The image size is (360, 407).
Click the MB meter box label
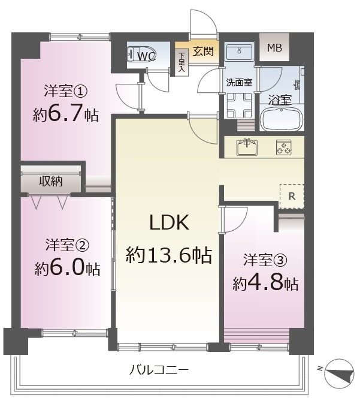(x=274, y=48)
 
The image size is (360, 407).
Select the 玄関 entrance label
(x=203, y=51)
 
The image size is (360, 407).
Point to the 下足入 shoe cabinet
(x=182, y=62)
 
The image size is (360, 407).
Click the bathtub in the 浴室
(x=282, y=119)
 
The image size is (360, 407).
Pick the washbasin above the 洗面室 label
(x=239, y=52)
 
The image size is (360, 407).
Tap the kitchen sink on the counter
(x=247, y=147)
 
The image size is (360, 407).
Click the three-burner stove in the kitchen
(x=283, y=147)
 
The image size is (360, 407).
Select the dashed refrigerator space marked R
(x=292, y=196)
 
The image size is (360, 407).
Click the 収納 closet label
(x=50, y=181)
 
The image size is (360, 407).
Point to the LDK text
(x=170, y=223)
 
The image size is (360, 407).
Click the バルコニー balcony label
(x=159, y=370)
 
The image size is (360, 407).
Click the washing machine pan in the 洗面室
(x=239, y=105)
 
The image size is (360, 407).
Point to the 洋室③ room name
(x=265, y=260)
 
